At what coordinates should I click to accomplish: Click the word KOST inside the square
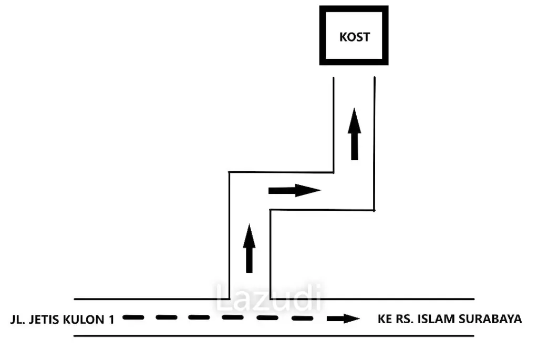tap(355, 37)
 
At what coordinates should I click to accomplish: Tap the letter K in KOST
tap(343, 37)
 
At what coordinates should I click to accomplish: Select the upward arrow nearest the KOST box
tap(355, 134)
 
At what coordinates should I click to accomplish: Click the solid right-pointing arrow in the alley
tap(294, 190)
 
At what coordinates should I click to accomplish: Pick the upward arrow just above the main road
tap(250, 248)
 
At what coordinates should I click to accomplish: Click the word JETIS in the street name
tap(45, 320)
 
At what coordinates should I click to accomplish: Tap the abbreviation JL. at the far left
tap(18, 320)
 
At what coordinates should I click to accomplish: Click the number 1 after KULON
tap(111, 320)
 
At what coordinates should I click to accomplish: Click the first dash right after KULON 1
tap(133, 317)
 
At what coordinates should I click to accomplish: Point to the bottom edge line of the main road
tap(274, 336)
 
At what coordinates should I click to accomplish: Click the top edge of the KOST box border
tap(354, 9)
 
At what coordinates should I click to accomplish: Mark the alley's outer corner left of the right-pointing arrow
tap(229, 172)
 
